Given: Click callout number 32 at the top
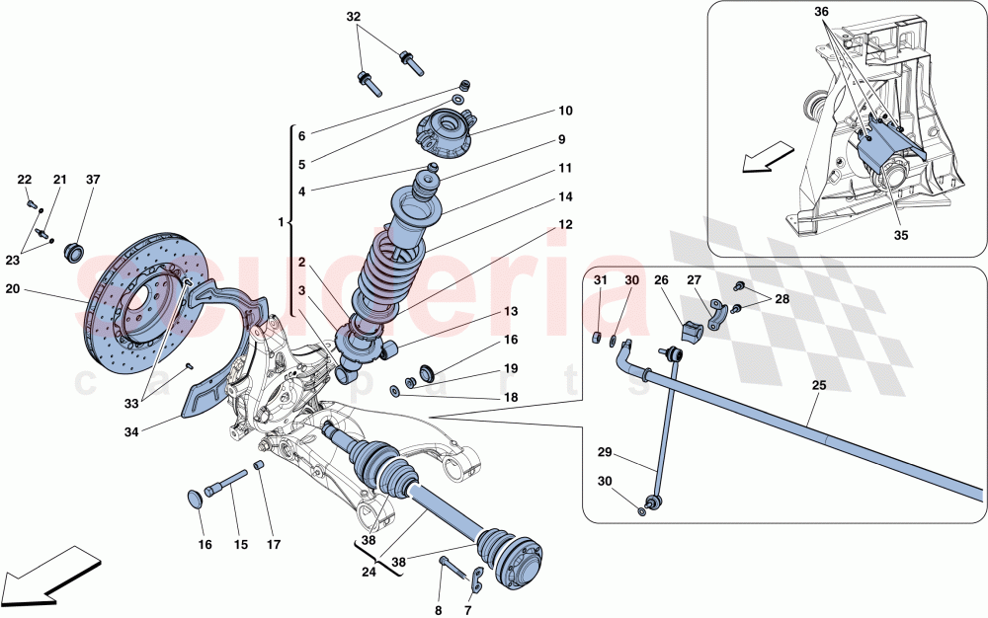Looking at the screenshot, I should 354,17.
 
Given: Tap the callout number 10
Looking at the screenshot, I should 565,112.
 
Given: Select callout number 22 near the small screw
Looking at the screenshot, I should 24,180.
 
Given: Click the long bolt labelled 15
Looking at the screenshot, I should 227,484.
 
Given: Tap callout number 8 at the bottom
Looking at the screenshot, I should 439,610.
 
